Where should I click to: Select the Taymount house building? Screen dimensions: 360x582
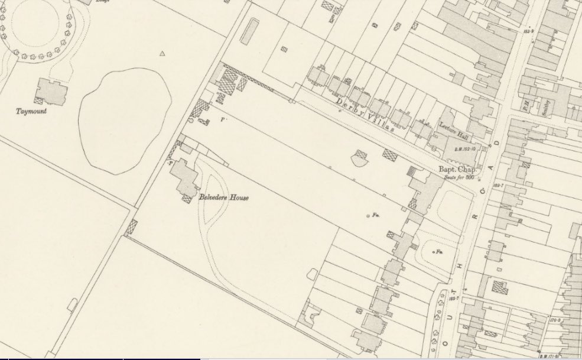coord(51,91)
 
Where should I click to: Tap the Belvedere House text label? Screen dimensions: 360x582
coord(223,197)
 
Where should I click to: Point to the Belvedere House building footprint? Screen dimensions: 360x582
coord(184,176)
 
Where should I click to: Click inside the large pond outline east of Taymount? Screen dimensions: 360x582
coord(124,121)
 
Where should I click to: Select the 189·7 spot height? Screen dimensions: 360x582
coord(498,186)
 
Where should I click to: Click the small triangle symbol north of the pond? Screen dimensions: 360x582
coord(162,54)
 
